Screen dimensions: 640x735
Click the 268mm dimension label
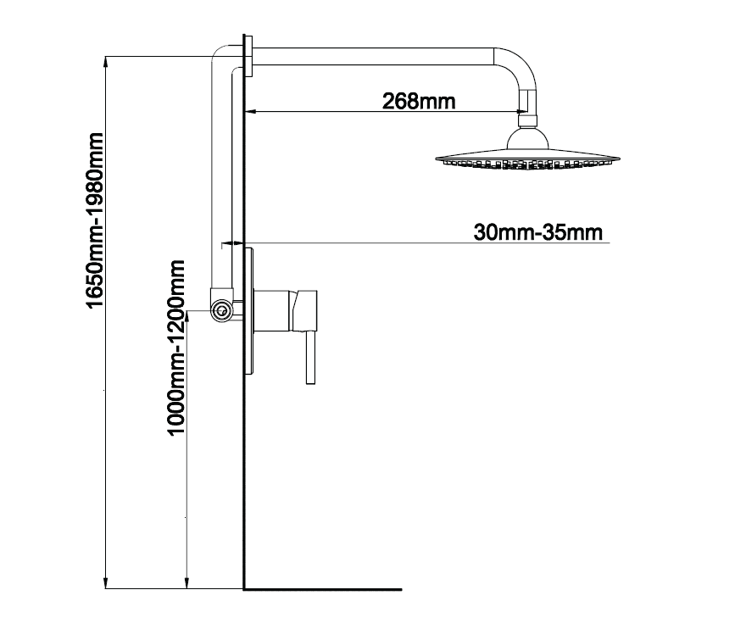pyautogui.click(x=419, y=101)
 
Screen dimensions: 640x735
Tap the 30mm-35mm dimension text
pyautogui.click(x=539, y=231)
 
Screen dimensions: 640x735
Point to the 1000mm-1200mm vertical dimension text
pyautogui.click(x=176, y=347)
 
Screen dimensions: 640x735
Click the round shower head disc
pyautogui.click(x=531, y=159)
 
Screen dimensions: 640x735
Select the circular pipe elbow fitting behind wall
pyautogui.click(x=221, y=310)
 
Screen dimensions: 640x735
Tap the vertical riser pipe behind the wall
pyautogui.click(x=220, y=170)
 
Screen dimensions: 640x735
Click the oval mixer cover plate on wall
pyautogui.click(x=248, y=312)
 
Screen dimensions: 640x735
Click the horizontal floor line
pyautogui.click(x=322, y=588)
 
